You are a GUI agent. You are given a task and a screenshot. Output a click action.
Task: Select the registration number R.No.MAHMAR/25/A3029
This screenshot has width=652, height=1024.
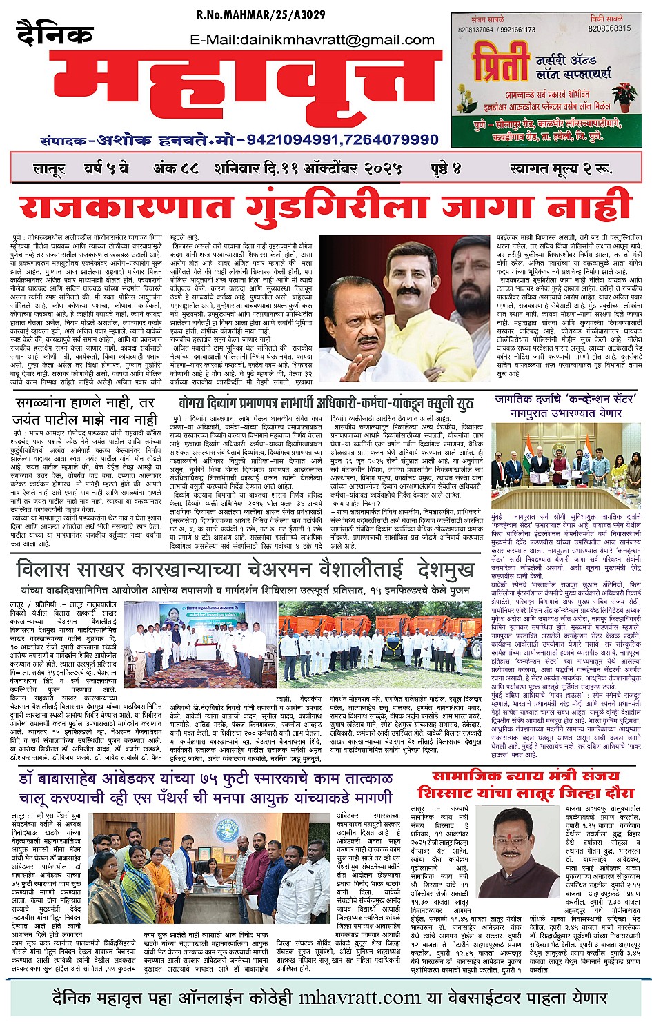pyautogui.click(x=261, y=14)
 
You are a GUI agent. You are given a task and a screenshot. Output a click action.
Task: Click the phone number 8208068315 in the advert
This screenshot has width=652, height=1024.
pyautogui.click(x=609, y=29)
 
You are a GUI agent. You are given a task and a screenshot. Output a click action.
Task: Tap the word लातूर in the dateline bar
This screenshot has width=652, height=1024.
pyautogui.click(x=48, y=168)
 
